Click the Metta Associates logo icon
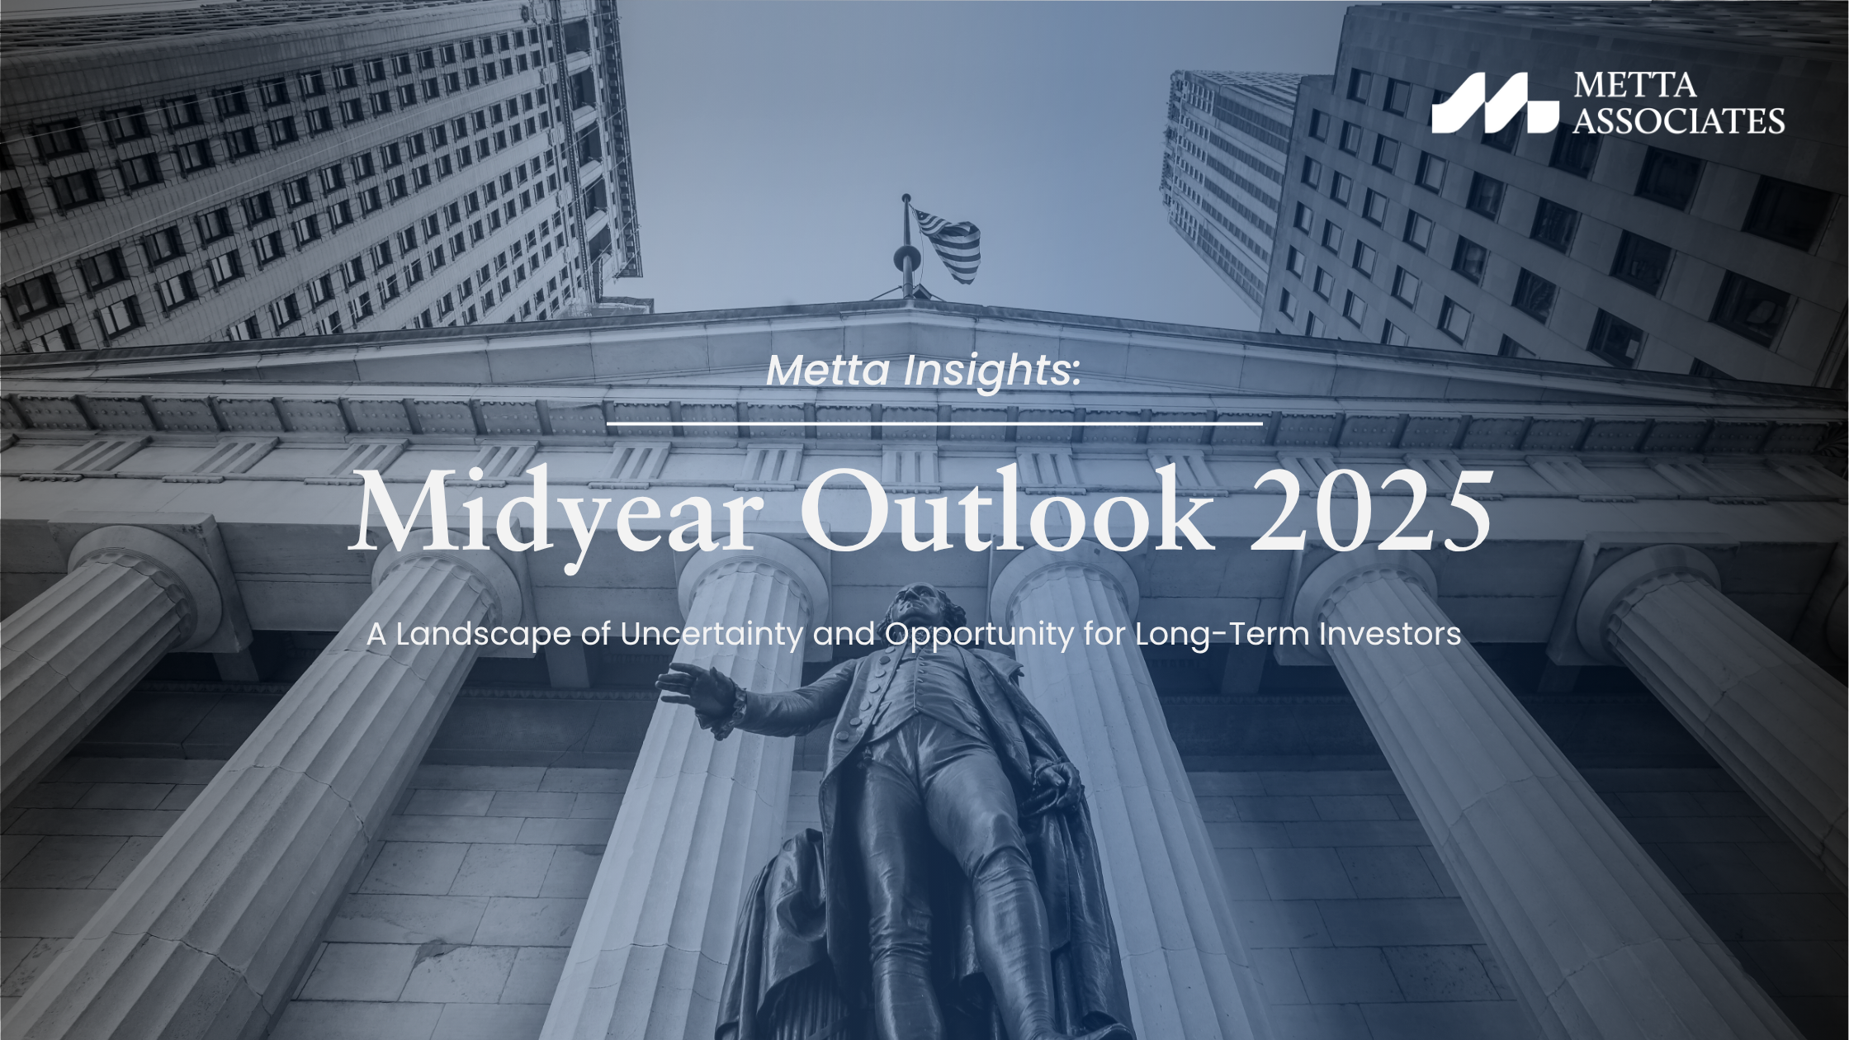pyautogui.click(x=1495, y=103)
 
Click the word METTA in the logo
pyautogui.click(x=1635, y=85)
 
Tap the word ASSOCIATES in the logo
pyautogui.click(x=1679, y=121)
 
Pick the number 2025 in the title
pyautogui.click(x=1371, y=513)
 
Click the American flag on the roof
pyautogui.click(x=948, y=244)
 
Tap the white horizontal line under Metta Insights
pyautogui.click(x=934, y=423)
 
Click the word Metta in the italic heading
pyautogui.click(x=829, y=371)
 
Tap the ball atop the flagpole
pyautogui.click(x=906, y=199)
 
